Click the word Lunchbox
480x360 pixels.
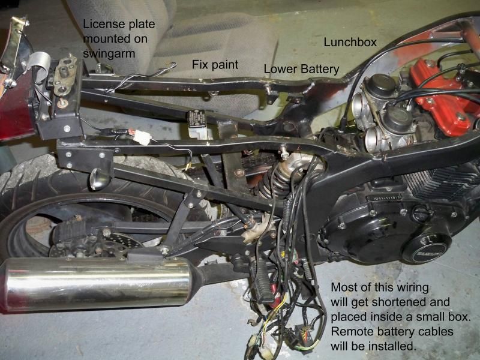pos(350,42)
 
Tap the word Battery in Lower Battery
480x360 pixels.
pos(320,69)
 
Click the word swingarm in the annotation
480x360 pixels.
pos(109,54)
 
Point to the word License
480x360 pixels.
pos(103,24)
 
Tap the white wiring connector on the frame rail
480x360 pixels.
pos(142,137)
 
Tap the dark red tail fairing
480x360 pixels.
pos(16,101)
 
